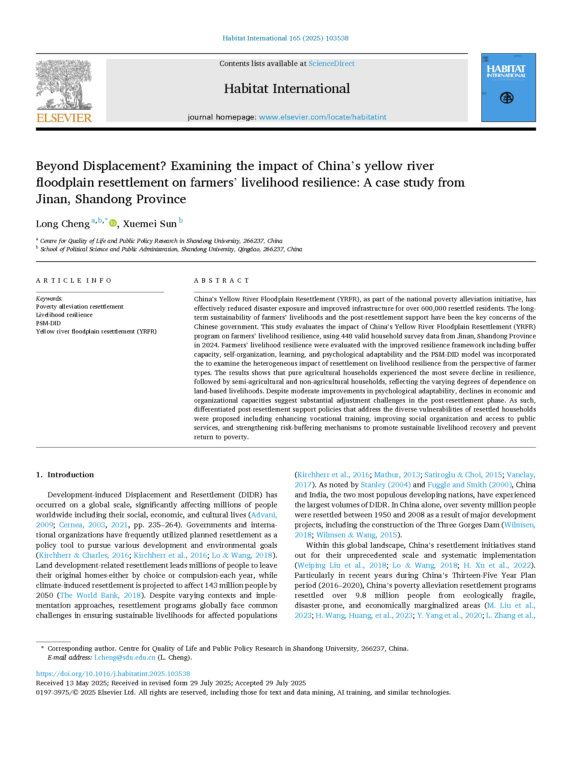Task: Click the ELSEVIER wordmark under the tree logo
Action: tap(64, 118)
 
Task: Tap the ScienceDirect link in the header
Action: tap(331, 64)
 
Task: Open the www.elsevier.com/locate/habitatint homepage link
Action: tap(322, 117)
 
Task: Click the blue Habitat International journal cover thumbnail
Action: tap(508, 87)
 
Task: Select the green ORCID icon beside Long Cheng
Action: tap(113, 223)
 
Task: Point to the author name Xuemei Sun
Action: tap(150, 224)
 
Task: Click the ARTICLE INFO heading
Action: tap(74, 280)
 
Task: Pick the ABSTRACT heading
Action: tap(221, 280)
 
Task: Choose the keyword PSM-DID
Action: tap(48, 323)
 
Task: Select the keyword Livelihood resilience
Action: tap(64, 315)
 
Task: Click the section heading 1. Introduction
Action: tap(65, 474)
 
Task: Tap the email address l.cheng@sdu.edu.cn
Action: tap(125, 657)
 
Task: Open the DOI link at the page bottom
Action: tap(113, 674)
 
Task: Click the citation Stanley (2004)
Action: tap(386, 485)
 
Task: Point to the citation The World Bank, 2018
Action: tap(101, 595)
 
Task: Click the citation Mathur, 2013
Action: tap(397, 475)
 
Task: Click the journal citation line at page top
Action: tap(285, 38)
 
